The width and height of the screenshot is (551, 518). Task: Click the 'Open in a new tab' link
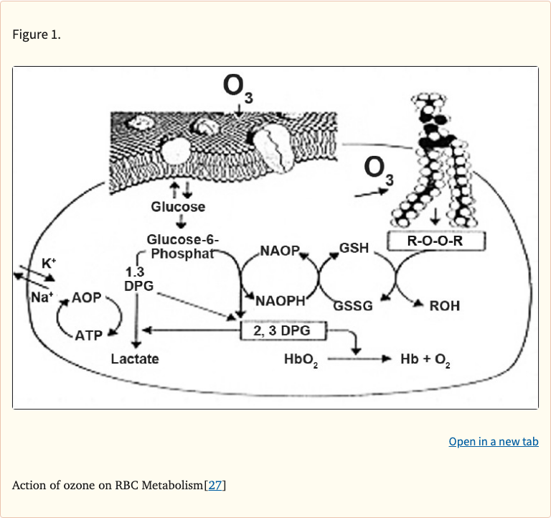493,441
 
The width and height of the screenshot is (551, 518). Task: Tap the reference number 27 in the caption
215,485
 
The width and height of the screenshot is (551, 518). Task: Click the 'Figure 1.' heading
37,34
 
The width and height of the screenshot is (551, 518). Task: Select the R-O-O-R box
435,241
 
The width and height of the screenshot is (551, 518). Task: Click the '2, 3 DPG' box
282,330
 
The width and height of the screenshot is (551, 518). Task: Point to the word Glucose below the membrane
177,207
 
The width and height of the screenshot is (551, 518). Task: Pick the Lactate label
135,358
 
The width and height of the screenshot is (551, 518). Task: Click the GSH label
354,248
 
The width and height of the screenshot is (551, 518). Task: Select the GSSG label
352,305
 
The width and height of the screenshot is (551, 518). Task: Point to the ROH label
444,305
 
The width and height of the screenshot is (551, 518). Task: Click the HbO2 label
301,359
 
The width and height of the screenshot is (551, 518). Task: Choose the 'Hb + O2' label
425,359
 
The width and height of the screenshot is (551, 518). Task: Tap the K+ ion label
48,263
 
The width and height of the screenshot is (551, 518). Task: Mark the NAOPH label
281,300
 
